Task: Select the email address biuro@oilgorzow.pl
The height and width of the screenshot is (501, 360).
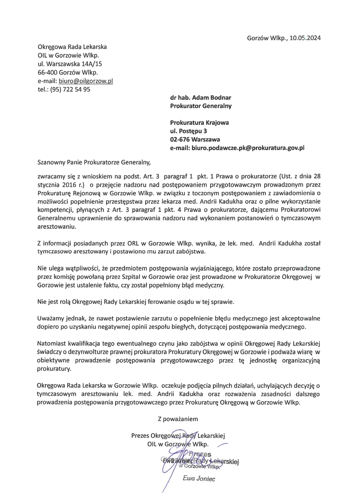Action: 86,81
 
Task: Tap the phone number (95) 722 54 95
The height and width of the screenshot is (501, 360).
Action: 70,89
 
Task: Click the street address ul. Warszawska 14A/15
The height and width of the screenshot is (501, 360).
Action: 70,64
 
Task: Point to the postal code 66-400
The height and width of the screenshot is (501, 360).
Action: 47,73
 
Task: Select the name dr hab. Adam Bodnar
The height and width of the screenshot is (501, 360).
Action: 200,97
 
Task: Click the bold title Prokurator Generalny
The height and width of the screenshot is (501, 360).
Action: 201,106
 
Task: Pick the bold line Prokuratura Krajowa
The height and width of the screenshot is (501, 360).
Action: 199,122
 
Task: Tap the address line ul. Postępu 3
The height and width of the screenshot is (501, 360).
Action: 188,131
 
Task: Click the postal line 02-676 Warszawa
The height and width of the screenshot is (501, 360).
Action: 195,139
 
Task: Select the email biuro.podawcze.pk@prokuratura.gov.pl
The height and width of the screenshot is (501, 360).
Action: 237,148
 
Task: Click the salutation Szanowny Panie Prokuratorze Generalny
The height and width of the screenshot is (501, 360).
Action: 94,163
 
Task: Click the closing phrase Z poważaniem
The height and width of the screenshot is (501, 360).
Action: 178,419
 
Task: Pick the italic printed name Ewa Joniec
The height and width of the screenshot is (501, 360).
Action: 199,479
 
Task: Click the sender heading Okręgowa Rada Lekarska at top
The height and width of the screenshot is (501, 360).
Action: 72,47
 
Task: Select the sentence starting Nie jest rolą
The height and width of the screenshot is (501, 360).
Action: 135,302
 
